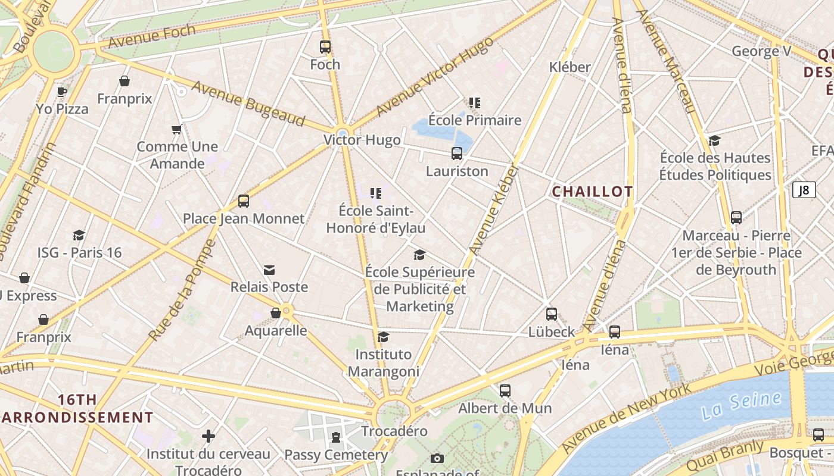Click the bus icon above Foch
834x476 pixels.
tap(325, 47)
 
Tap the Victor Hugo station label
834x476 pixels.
tap(362, 140)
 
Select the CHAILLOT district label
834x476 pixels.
tap(592, 192)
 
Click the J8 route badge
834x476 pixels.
tap(804, 190)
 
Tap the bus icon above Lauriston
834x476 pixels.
tap(457, 154)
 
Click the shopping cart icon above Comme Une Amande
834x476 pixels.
tap(176, 129)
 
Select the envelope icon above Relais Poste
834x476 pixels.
tap(269, 270)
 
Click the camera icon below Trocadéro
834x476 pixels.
tap(437, 458)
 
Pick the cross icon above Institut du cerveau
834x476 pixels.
tap(208, 436)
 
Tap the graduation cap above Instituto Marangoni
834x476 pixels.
tap(384, 337)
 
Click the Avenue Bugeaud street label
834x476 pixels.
tap(248, 104)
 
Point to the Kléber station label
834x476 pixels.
tap(570, 67)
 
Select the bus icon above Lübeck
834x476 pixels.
tap(552, 314)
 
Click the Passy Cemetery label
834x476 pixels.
tap(336, 455)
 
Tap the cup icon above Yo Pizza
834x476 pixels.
tap(61, 92)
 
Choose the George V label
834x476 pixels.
tap(761, 51)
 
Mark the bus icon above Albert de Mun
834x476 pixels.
tap(505, 391)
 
